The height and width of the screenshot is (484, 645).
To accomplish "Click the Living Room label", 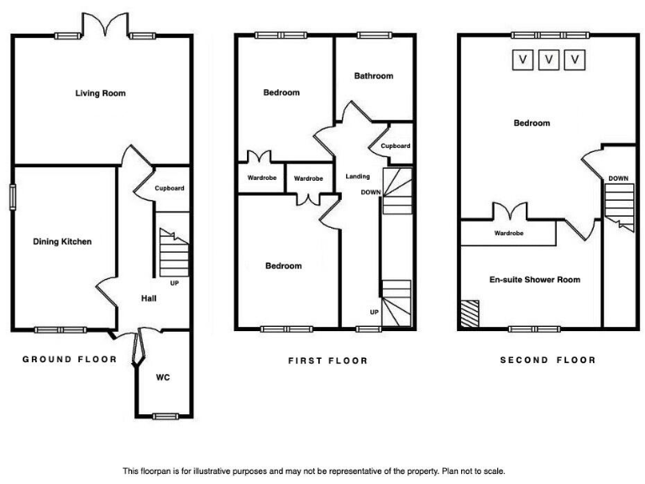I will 100,93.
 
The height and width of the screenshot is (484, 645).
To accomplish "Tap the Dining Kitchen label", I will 62,242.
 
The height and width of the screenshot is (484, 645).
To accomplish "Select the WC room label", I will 163,377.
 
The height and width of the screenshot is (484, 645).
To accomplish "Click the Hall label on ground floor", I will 149,298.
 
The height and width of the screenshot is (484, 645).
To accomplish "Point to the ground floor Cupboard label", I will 169,188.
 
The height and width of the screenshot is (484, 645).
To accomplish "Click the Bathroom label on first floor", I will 373,76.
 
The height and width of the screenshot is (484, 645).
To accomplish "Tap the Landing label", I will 359,176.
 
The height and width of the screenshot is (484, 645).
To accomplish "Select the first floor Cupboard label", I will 396,145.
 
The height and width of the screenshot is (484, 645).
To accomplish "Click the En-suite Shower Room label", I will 535,280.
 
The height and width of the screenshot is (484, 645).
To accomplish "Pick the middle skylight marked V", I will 549,60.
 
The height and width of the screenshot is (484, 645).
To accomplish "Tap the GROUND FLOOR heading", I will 69,359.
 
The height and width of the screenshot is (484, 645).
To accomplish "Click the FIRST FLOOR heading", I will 328,360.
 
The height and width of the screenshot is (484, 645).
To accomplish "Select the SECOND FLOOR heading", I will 548,360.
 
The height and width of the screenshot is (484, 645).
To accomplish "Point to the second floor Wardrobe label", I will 509,233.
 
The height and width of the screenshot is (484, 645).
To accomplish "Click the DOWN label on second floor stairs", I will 618,178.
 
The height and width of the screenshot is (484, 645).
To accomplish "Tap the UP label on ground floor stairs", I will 174,282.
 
